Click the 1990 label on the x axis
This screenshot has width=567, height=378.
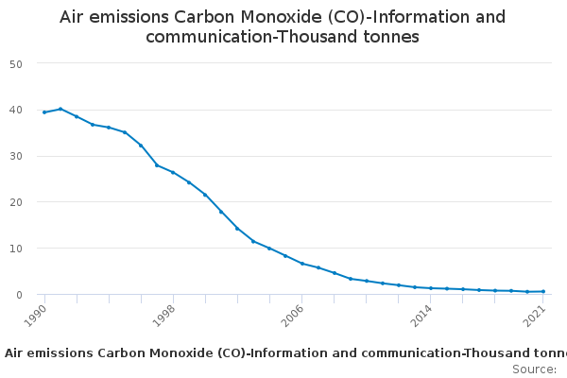(35, 316)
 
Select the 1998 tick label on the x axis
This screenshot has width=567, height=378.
(163, 316)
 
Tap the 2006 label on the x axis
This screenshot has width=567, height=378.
(292, 316)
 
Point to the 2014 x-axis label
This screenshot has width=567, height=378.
(421, 316)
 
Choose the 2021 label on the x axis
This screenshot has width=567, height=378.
(534, 316)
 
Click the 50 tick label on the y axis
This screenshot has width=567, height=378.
(16, 64)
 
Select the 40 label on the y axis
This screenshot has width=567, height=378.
(16, 110)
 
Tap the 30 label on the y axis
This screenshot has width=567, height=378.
(16, 156)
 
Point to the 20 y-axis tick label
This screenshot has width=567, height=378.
(16, 202)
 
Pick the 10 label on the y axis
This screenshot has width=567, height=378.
(16, 249)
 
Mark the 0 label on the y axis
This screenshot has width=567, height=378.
(19, 295)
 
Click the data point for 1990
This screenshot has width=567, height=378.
(44, 112)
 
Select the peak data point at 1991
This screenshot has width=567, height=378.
(60, 109)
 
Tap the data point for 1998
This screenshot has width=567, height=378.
(173, 173)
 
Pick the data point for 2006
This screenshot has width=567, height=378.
(302, 264)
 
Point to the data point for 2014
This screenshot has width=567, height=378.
(431, 288)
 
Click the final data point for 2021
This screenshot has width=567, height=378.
(543, 292)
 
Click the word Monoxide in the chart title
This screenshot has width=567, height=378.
(282, 17)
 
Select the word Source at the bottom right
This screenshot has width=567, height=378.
(534, 369)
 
